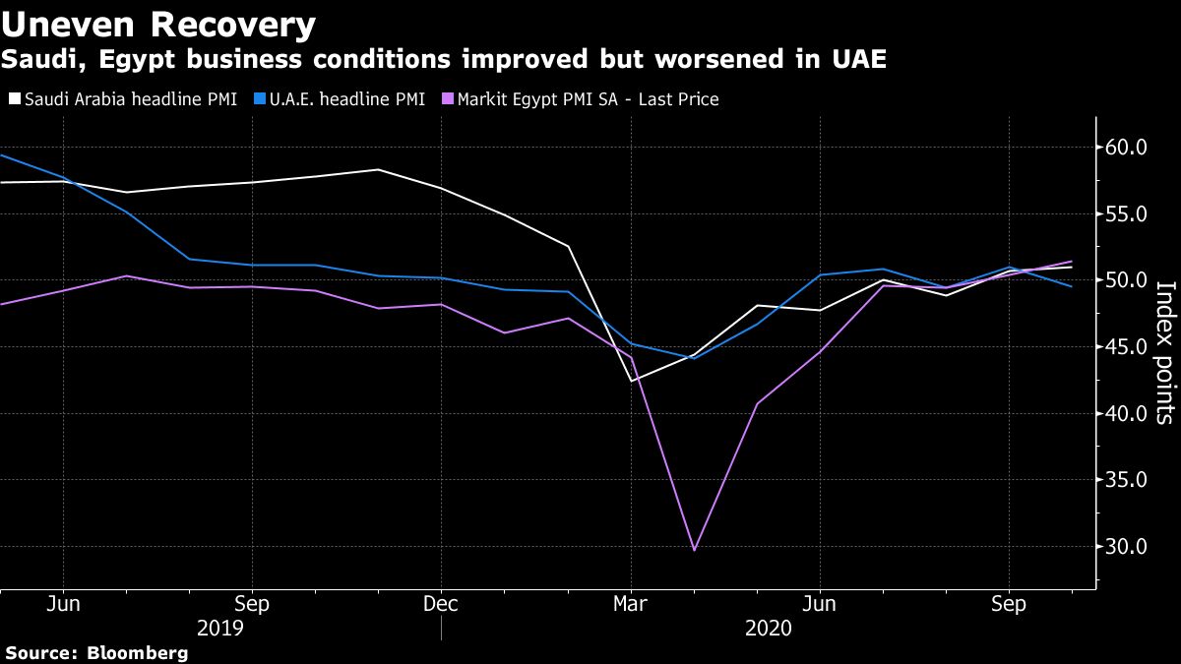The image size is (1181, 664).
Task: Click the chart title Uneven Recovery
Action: pos(158,24)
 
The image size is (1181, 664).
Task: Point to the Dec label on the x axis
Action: pos(441,603)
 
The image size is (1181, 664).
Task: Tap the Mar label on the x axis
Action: pos(630,603)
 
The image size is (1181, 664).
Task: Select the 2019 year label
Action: pos(220,627)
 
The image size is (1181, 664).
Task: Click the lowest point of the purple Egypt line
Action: pos(694,550)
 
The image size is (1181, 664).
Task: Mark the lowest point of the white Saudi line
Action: pos(631,381)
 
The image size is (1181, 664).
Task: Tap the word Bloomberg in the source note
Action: pos(138,652)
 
